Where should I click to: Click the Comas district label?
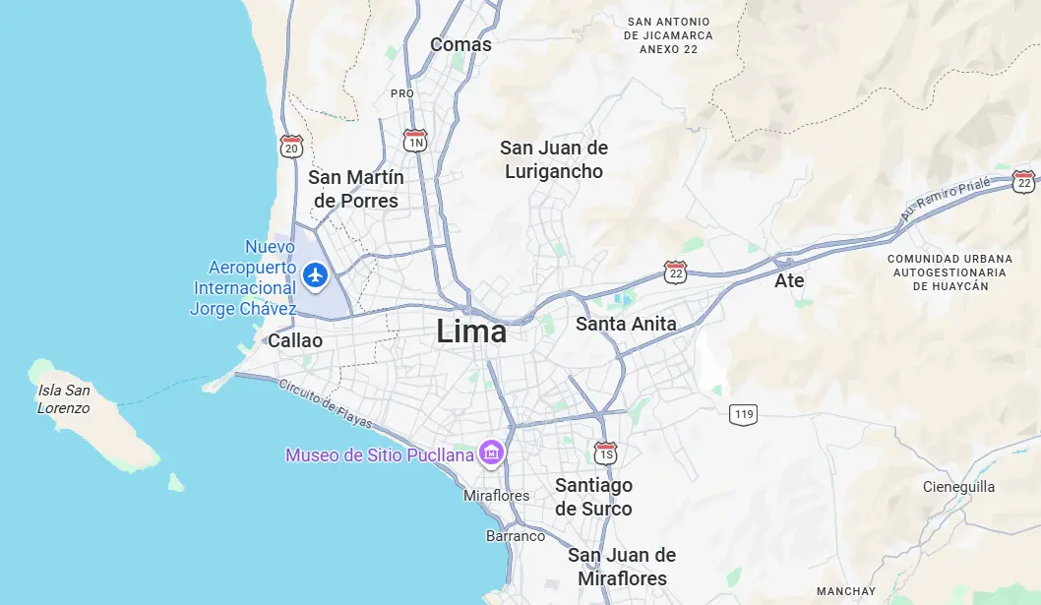coord(460,44)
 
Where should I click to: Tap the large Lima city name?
coord(471,332)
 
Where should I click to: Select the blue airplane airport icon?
coord(315,274)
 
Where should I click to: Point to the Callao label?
coord(295,340)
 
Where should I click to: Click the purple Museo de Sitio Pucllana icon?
coord(490,454)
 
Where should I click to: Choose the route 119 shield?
coord(744,414)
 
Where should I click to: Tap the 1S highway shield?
coord(605,454)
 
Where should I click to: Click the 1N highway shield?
coord(415,142)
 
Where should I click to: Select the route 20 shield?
coord(291,147)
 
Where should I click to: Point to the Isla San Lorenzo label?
coord(64,398)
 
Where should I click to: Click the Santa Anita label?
coord(626,324)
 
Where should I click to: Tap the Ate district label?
coord(789,280)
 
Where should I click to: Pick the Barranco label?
coord(516,536)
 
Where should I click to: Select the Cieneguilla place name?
coord(958,487)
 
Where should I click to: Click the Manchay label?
coord(845,591)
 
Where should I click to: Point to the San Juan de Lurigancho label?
coord(554,159)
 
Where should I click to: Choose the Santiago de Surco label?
coord(593,497)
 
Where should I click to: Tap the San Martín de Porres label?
coord(355,189)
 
